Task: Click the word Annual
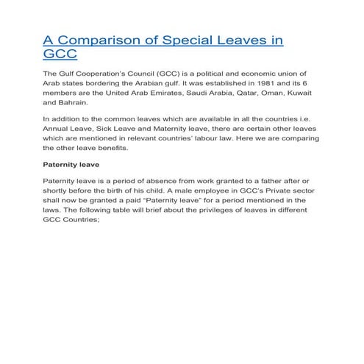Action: (60, 135)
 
